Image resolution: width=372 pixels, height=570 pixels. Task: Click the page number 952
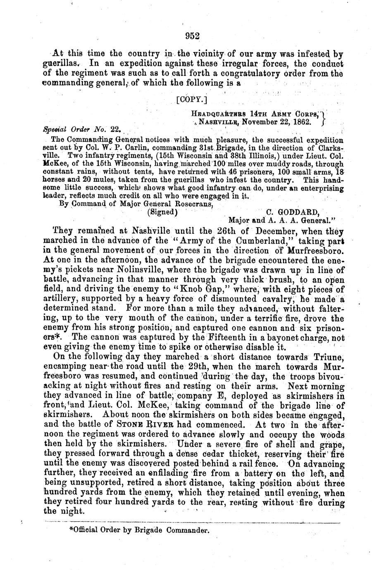click(193, 36)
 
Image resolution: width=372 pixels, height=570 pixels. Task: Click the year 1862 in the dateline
click(294, 122)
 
